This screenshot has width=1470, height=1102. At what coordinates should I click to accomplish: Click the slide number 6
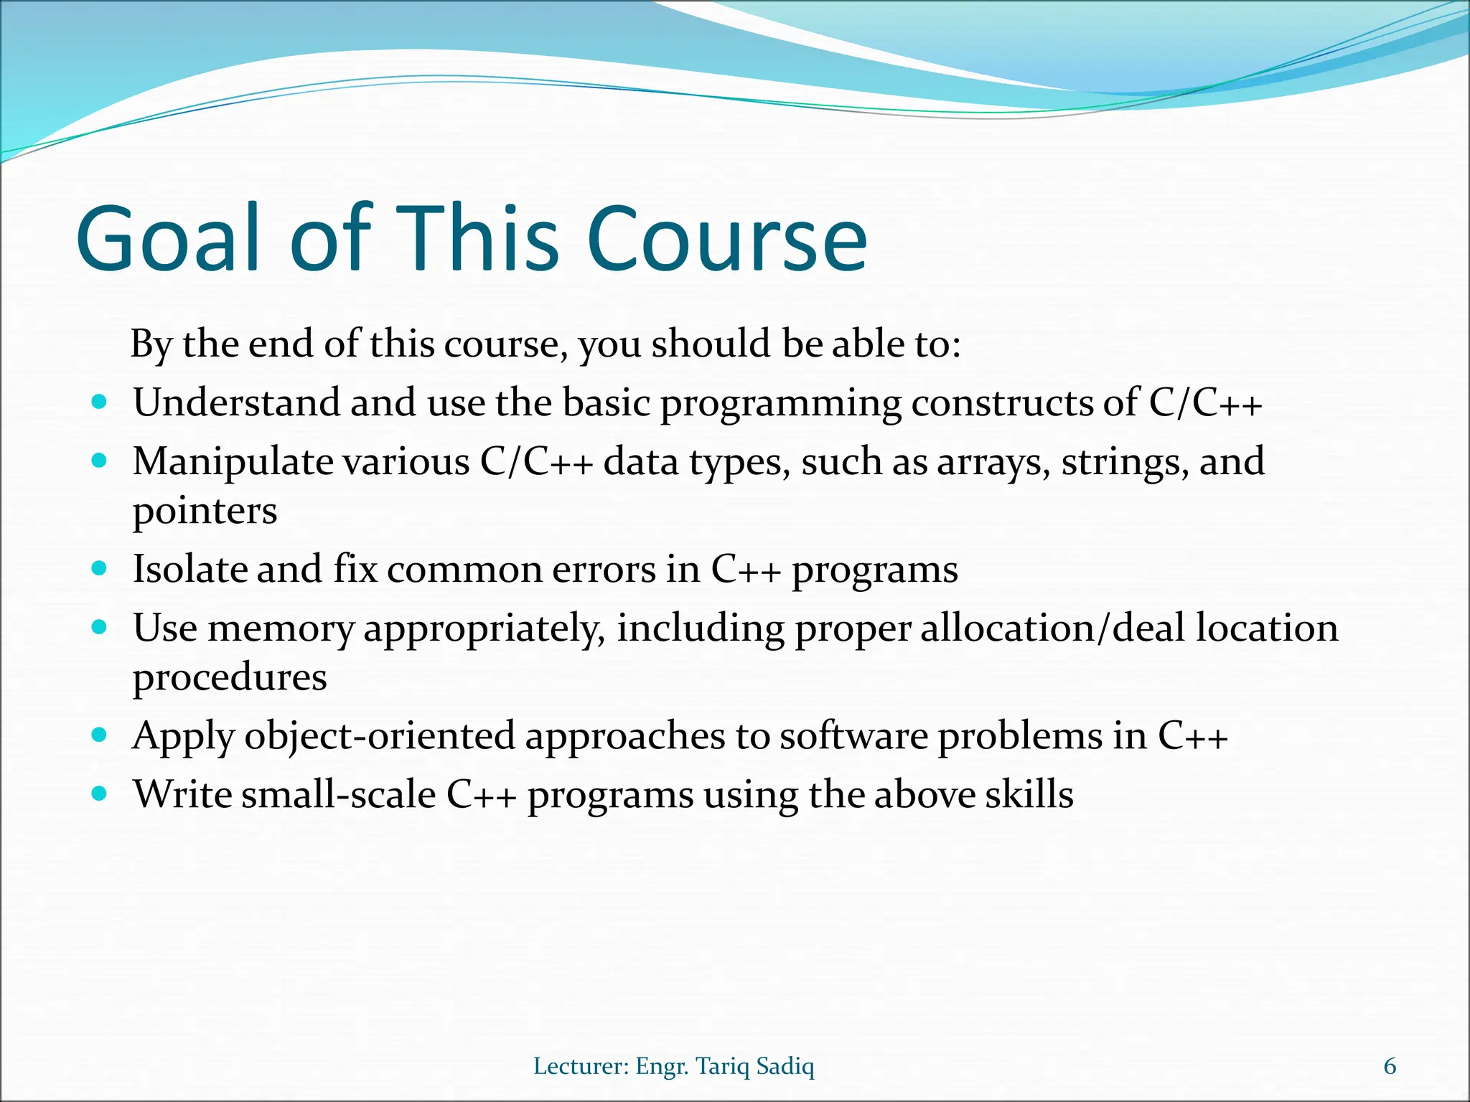[1390, 1066]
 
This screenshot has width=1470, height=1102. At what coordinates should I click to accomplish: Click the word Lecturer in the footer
[581, 1066]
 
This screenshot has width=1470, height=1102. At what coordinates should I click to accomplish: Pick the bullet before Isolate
[100, 568]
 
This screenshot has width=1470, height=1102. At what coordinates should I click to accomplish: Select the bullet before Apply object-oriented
[100, 735]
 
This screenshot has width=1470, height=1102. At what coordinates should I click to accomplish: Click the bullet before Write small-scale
[100, 793]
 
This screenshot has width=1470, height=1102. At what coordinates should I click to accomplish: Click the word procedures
[230, 678]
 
